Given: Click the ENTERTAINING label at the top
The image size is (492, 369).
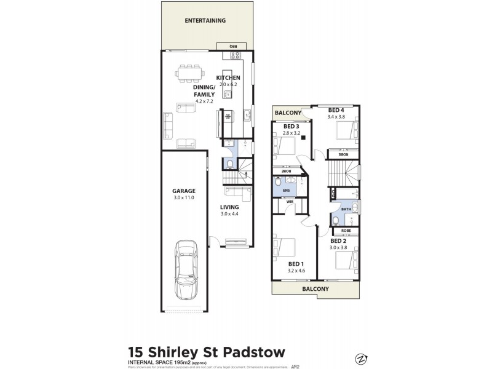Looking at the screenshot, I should coord(205,20).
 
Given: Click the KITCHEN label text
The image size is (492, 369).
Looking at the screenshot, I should coord(228,77).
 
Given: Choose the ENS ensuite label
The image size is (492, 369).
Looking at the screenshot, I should coord(285,191).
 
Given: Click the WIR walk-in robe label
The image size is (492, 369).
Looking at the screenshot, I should coord(288,201).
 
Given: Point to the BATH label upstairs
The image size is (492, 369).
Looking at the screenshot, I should coord(347,209).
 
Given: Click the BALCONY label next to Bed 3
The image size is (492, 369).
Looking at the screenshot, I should coord(288,113).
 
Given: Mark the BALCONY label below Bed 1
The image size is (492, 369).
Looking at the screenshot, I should coord(315,288).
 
